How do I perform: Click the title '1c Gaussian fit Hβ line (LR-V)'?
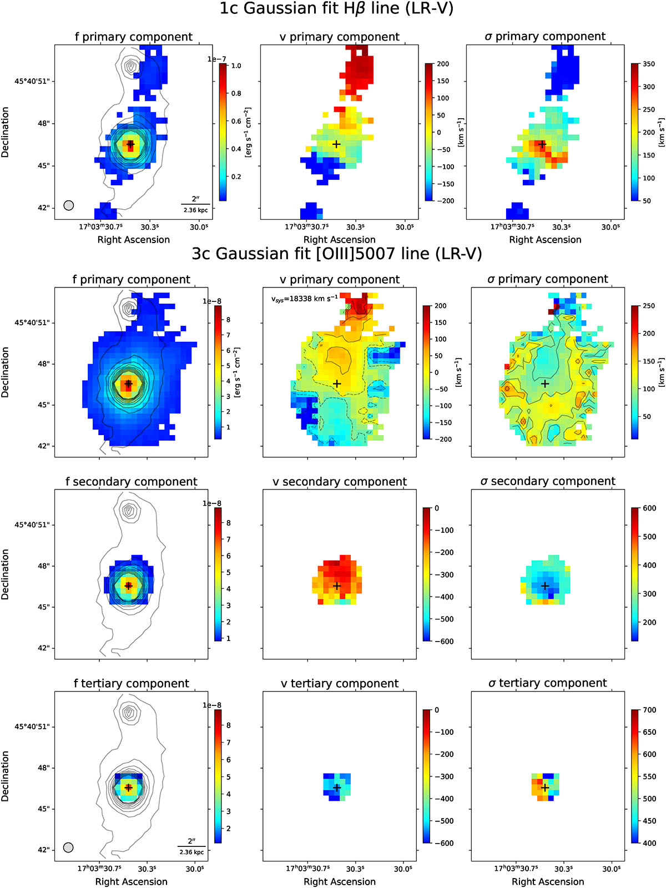pos(336,8)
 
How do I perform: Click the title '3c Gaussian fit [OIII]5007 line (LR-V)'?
pos(336,254)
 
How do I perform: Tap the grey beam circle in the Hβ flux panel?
pos(69,205)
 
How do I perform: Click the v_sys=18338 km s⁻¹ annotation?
pos(305,299)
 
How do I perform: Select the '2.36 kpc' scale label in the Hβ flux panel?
pos(196,210)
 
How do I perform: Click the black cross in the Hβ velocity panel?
pos(336,144)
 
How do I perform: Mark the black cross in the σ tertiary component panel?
pos(544,787)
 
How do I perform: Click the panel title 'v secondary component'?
pos(340,481)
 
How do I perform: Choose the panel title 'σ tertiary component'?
pos(548,683)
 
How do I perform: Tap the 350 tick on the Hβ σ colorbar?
pos(649,64)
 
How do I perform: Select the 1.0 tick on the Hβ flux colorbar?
pos(236,65)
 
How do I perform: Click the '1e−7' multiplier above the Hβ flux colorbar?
pos(217,59)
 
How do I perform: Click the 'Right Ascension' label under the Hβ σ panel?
pos(545,240)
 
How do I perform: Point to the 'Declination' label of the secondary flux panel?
pos(5,574)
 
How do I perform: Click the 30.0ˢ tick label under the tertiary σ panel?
pos(610,868)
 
